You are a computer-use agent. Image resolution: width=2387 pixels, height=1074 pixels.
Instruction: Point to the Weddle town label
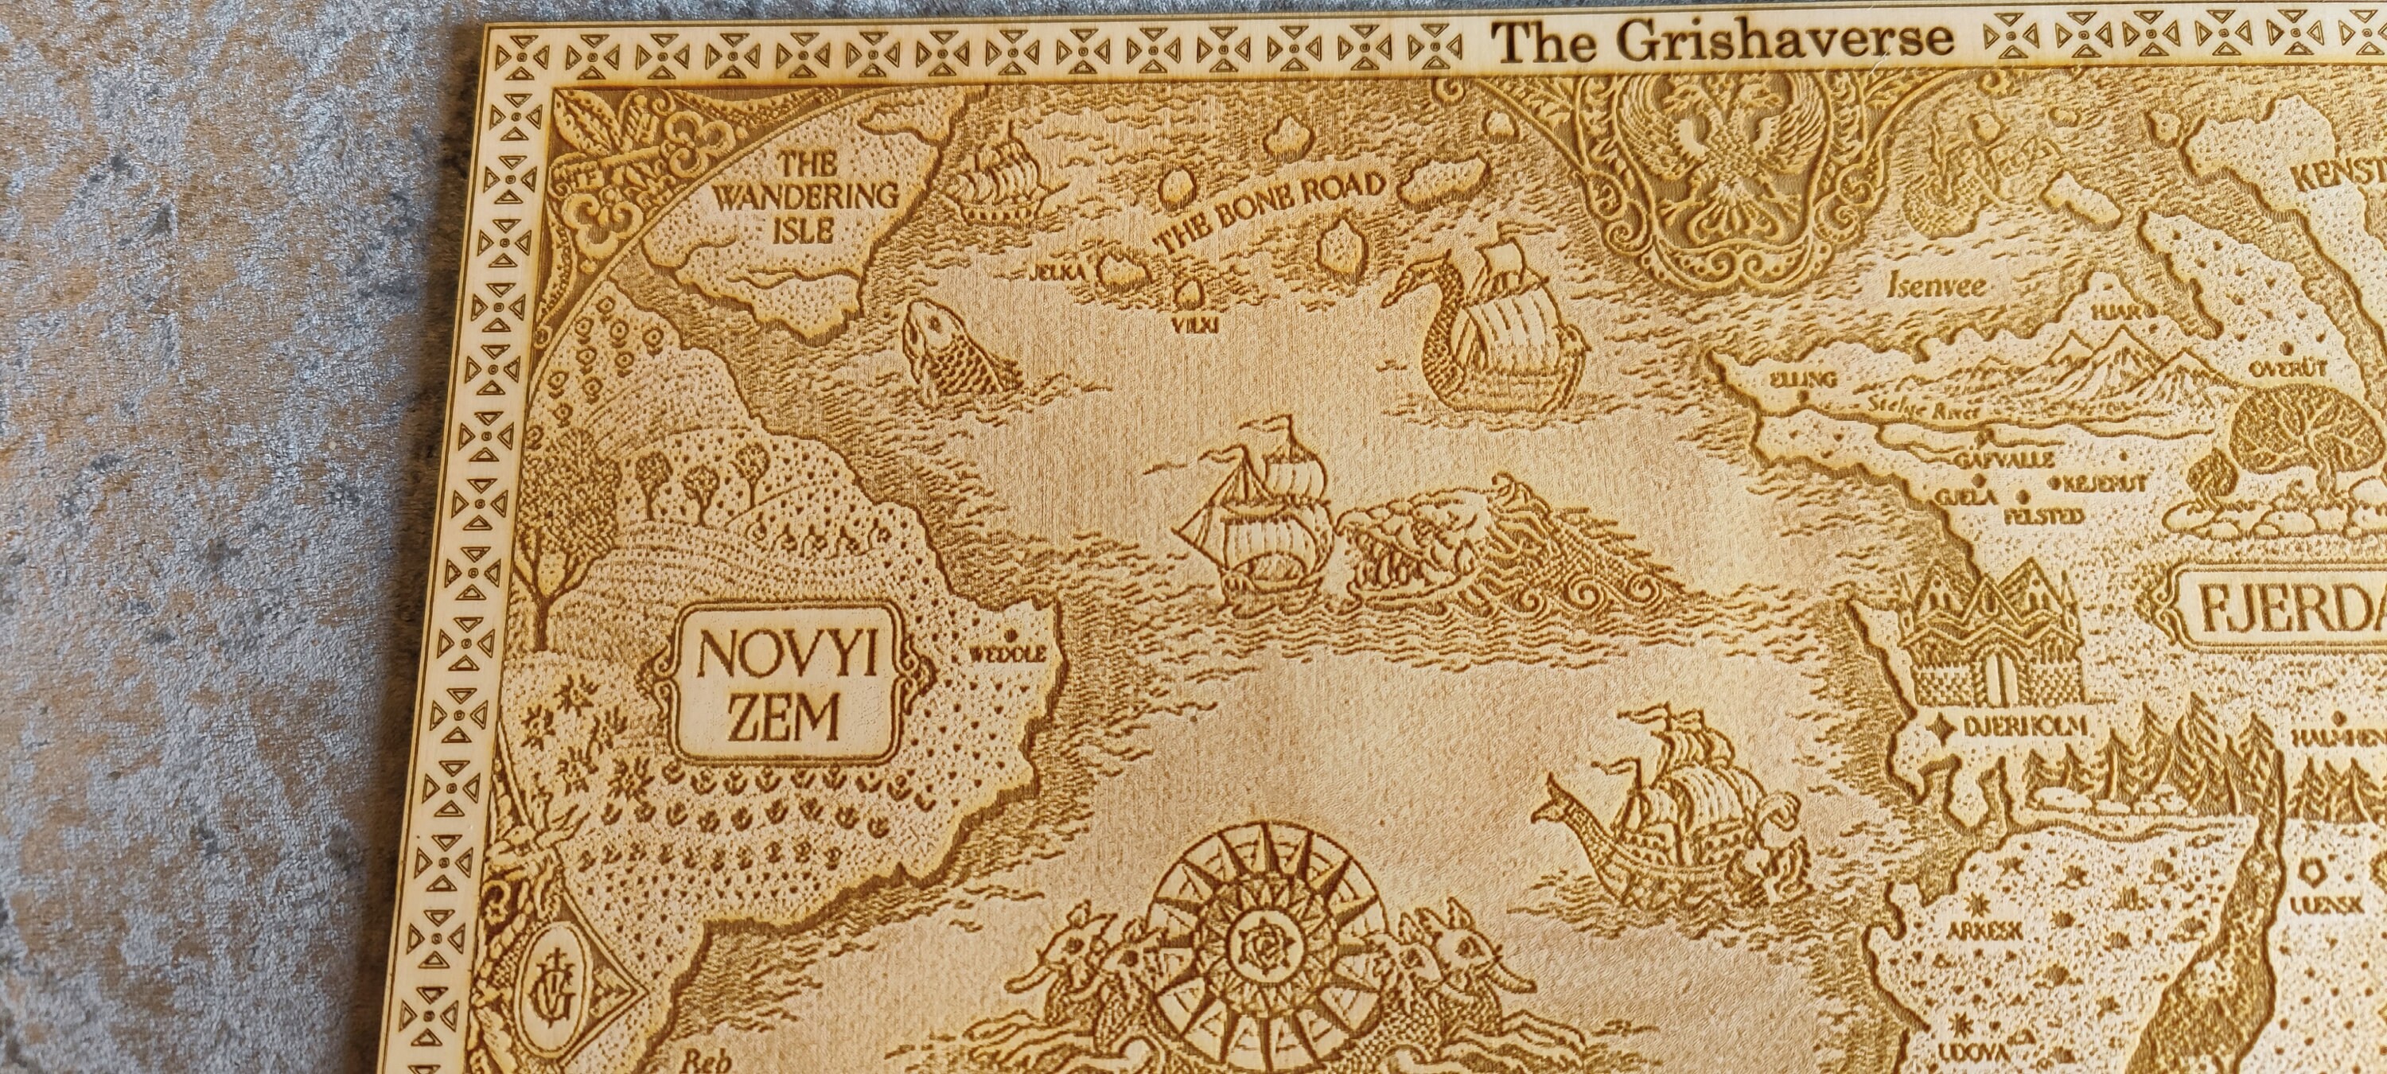coord(1007,654)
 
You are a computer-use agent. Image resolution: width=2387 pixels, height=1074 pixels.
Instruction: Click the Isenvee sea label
coord(1937,286)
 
